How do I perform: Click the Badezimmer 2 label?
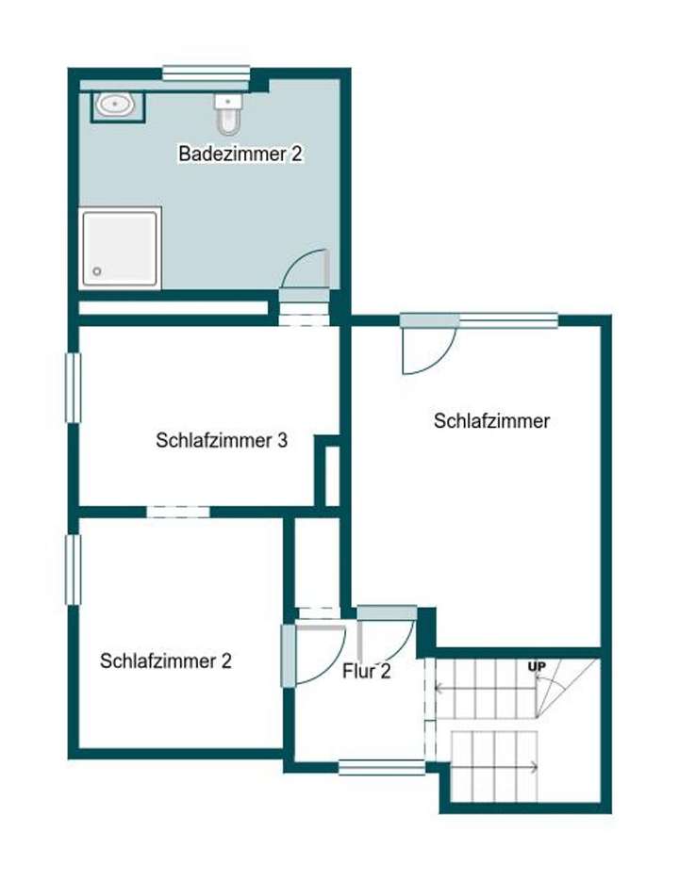click(x=240, y=154)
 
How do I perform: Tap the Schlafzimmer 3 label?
click(x=222, y=440)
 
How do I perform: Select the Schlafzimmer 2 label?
click(x=166, y=661)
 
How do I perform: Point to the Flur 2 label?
click(x=366, y=672)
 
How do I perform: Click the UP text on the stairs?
click(x=538, y=668)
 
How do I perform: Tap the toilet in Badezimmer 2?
click(x=228, y=116)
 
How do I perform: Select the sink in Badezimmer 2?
click(x=117, y=105)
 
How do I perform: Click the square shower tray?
click(x=120, y=248)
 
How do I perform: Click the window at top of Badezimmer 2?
click(x=206, y=73)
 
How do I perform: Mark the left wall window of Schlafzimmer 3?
click(x=71, y=387)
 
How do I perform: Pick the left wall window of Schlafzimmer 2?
click(x=71, y=569)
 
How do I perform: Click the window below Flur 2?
click(x=381, y=767)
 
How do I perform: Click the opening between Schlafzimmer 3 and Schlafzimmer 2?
click(x=177, y=512)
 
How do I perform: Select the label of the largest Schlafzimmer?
click(x=491, y=421)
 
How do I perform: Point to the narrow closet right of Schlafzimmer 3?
click(x=331, y=475)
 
